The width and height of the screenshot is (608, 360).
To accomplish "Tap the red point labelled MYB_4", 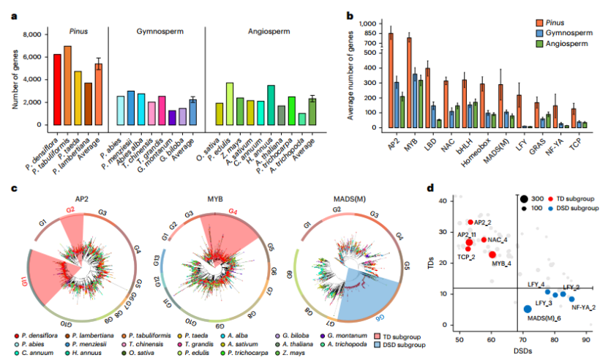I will [x=492, y=254].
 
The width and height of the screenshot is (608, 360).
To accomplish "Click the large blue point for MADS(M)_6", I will [x=528, y=309].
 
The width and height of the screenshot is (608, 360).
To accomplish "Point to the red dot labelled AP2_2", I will [x=470, y=222].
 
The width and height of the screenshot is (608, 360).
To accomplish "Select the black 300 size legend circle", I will [x=523, y=198].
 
